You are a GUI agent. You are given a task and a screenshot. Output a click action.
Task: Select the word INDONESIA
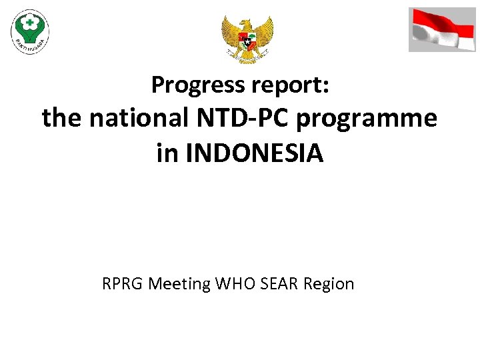coord(257,153)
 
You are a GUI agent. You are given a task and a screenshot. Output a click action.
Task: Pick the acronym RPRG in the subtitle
coord(123,284)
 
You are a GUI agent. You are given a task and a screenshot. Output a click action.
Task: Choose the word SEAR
coord(277,284)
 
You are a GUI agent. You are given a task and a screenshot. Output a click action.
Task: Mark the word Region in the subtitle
coord(329,285)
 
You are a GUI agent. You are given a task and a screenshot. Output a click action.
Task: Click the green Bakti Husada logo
coord(30,31)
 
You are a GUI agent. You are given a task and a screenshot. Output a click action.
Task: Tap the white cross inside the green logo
coord(30,22)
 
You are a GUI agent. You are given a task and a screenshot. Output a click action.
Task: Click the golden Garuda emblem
coord(247,38)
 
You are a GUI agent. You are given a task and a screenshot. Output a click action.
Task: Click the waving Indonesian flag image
coord(442,29)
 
